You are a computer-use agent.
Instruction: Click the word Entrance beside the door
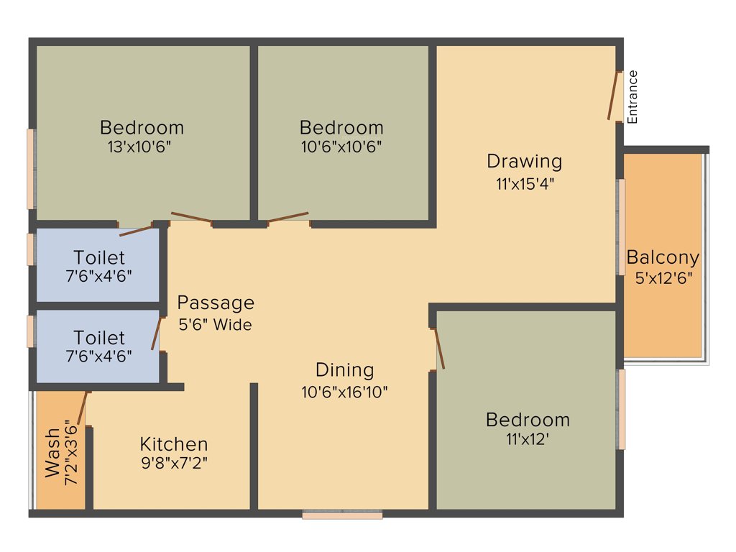632,96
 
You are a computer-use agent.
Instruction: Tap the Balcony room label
663,257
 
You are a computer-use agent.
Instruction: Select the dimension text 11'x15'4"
525,183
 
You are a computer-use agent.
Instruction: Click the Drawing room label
524,161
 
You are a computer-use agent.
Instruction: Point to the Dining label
345,370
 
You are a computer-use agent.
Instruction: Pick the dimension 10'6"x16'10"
345,392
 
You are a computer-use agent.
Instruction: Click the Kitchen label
174,444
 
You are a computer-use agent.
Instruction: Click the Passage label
216,303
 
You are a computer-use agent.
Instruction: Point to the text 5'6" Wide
215,325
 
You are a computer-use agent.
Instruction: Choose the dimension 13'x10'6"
142,147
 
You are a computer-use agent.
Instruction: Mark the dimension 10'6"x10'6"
341,147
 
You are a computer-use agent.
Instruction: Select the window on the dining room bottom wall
342,515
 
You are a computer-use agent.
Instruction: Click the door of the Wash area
81,408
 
